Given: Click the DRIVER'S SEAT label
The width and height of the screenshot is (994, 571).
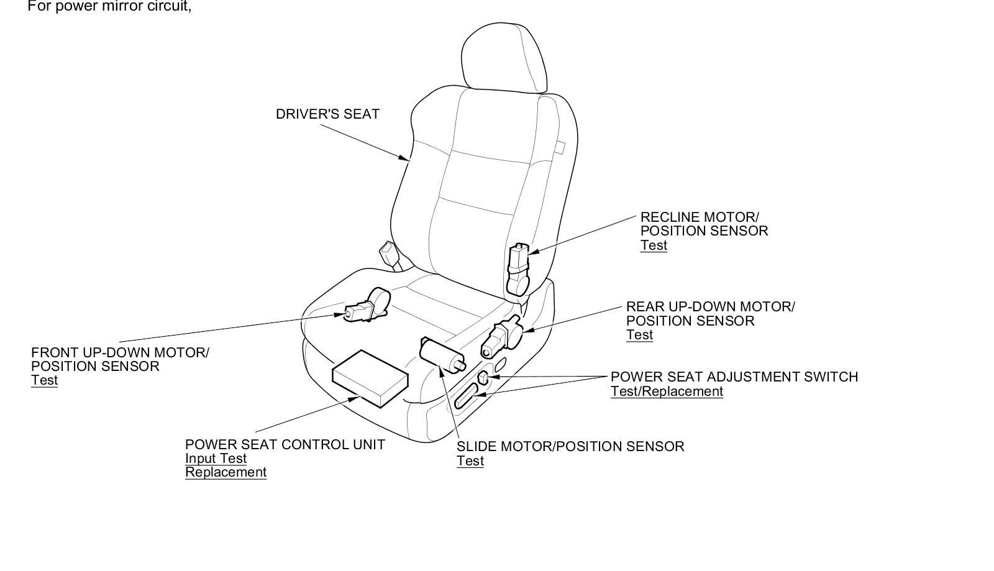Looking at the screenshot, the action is click(327, 114).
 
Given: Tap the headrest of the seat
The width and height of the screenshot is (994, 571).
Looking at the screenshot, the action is click(504, 58).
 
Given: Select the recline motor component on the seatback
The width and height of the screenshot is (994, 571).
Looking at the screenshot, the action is click(518, 269).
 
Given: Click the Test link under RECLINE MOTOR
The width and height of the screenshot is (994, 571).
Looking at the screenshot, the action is click(654, 245).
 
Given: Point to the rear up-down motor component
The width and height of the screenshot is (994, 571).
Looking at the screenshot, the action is click(503, 336).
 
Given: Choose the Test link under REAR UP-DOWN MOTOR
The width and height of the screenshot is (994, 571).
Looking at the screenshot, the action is click(639, 335).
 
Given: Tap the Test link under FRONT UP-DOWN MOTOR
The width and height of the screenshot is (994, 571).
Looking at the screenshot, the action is click(44, 380).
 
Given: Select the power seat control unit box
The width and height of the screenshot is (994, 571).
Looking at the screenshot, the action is click(370, 378).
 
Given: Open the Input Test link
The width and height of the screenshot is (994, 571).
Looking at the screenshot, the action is click(216, 459).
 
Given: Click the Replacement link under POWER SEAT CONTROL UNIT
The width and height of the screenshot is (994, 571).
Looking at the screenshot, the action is click(226, 472).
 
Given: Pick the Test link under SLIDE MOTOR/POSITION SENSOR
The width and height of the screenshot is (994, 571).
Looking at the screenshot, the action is click(470, 461).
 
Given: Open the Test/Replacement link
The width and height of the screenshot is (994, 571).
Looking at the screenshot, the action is click(667, 391).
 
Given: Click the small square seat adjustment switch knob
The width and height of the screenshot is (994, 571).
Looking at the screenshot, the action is click(483, 378).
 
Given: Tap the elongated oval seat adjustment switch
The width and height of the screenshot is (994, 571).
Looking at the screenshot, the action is click(466, 396).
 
